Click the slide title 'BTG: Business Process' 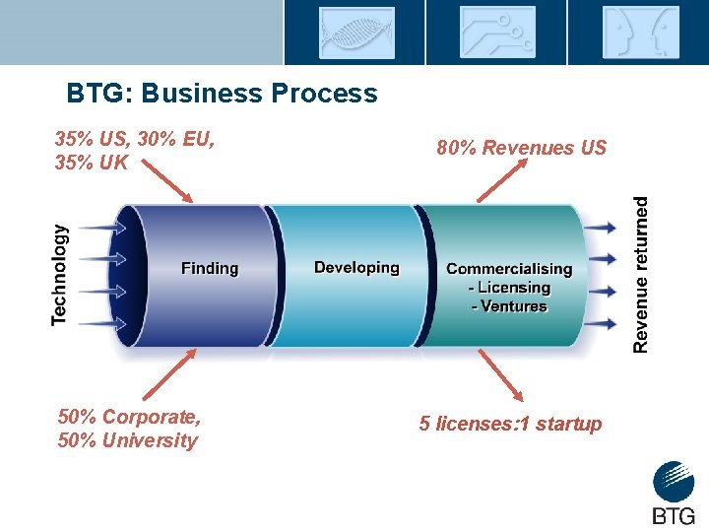[222, 94]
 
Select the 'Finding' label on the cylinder [209, 268]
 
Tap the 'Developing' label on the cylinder [356, 267]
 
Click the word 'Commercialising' [509, 268]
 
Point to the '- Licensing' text [509, 288]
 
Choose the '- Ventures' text [509, 306]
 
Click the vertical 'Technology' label [60, 274]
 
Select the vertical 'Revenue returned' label [641, 274]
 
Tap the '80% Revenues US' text [522, 148]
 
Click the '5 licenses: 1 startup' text [510, 424]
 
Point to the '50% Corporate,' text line [129, 416]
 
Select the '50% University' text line [128, 440]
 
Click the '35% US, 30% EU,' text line [135, 139]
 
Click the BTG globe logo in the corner [674, 484]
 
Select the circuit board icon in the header [496, 33]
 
